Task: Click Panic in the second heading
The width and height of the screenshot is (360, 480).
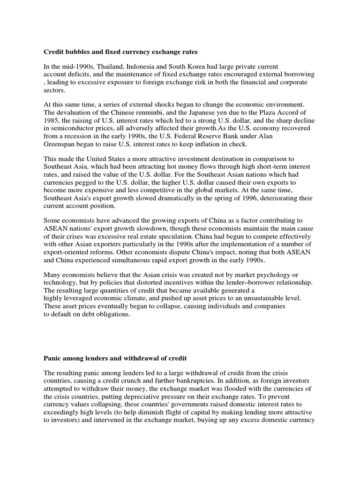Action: tap(53, 358)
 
